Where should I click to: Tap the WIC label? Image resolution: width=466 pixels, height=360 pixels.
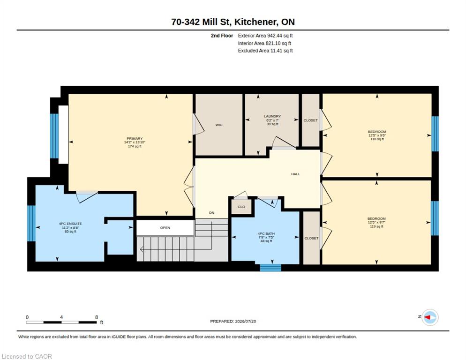[219, 125]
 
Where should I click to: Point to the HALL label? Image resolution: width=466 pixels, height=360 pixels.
[295, 174]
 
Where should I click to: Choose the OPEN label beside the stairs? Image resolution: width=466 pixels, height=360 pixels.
[165, 228]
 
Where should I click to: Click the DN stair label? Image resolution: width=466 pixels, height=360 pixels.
[211, 212]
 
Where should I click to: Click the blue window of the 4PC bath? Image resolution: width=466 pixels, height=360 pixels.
[271, 268]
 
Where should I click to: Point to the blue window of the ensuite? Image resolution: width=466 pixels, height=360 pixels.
[31, 223]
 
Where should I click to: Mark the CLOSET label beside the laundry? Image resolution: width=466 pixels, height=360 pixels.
[310, 120]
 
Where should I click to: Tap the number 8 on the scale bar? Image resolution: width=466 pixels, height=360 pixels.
[96, 317]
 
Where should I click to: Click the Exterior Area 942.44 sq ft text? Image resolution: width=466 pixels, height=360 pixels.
[265, 36]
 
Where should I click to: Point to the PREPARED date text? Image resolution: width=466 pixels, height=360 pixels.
[233, 322]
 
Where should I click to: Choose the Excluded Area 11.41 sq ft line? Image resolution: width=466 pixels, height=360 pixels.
[265, 51]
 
